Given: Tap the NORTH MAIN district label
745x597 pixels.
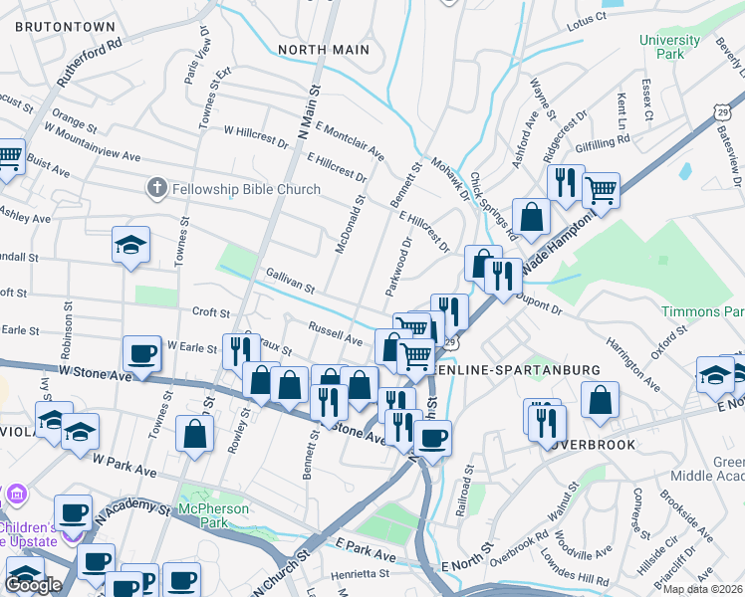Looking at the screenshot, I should pyautogui.click(x=324, y=50).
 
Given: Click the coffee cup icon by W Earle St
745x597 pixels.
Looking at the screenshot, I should pyautogui.click(x=141, y=352).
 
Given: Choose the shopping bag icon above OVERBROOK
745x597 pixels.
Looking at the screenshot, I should pyautogui.click(x=601, y=399).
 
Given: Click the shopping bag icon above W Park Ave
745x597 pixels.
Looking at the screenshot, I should pyautogui.click(x=194, y=433).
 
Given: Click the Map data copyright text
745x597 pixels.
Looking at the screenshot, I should pyautogui.click(x=702, y=589).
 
